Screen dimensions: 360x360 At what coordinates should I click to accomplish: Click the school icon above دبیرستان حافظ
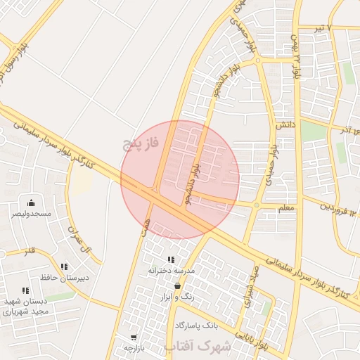tap(64, 266)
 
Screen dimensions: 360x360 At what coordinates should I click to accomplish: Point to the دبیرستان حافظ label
tap(64, 277)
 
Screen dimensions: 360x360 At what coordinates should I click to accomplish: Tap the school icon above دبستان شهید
tap(25, 290)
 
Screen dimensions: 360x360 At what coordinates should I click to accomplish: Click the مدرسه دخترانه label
tap(171, 270)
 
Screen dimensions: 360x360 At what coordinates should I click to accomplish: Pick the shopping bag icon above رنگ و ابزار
tap(176, 285)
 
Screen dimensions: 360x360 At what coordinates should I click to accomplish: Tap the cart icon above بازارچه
tap(133, 337)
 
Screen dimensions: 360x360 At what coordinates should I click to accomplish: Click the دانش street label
tap(283, 124)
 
